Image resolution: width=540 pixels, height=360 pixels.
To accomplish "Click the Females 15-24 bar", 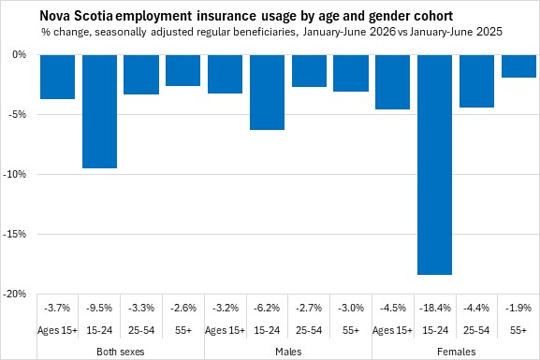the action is click(434, 165).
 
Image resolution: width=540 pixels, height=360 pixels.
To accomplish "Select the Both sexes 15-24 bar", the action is click(99, 111).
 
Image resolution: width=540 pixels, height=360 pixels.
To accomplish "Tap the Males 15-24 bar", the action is click(268, 93).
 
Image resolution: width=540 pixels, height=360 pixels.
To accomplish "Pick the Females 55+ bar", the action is click(518, 66).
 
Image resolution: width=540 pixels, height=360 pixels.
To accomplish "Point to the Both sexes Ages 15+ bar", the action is click(57, 77).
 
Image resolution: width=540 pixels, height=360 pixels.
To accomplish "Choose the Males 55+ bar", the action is click(351, 73).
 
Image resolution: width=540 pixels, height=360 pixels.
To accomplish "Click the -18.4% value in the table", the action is click(435, 308).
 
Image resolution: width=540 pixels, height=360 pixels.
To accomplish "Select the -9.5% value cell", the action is click(99, 308).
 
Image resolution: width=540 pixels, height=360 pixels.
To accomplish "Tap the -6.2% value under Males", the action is click(267, 308).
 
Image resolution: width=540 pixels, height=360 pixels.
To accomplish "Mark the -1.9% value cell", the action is click(518, 308).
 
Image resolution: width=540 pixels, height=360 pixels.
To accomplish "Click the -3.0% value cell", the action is click(351, 308).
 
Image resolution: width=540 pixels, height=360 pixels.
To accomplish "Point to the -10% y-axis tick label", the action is click(14, 174).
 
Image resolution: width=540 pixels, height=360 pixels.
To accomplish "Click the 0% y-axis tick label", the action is click(19, 55).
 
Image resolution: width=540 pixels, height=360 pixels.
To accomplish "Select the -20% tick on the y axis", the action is click(14, 294).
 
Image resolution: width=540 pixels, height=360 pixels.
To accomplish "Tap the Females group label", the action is click(457, 352).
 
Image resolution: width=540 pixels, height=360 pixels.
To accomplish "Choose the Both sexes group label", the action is click(121, 352).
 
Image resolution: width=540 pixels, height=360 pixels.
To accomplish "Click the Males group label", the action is click(288, 352).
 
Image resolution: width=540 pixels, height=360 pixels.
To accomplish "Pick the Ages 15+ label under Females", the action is click(392, 330).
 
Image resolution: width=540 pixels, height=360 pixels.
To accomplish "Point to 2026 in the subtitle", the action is click(383, 32).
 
